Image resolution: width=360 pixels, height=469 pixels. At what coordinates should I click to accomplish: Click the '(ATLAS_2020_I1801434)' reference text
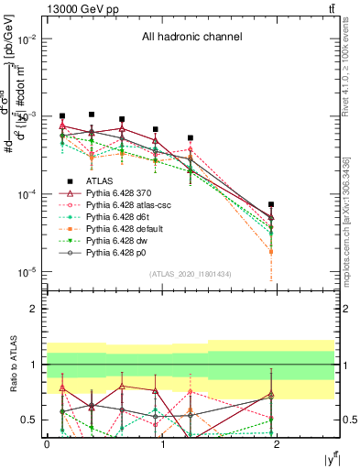tap(191, 275)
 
